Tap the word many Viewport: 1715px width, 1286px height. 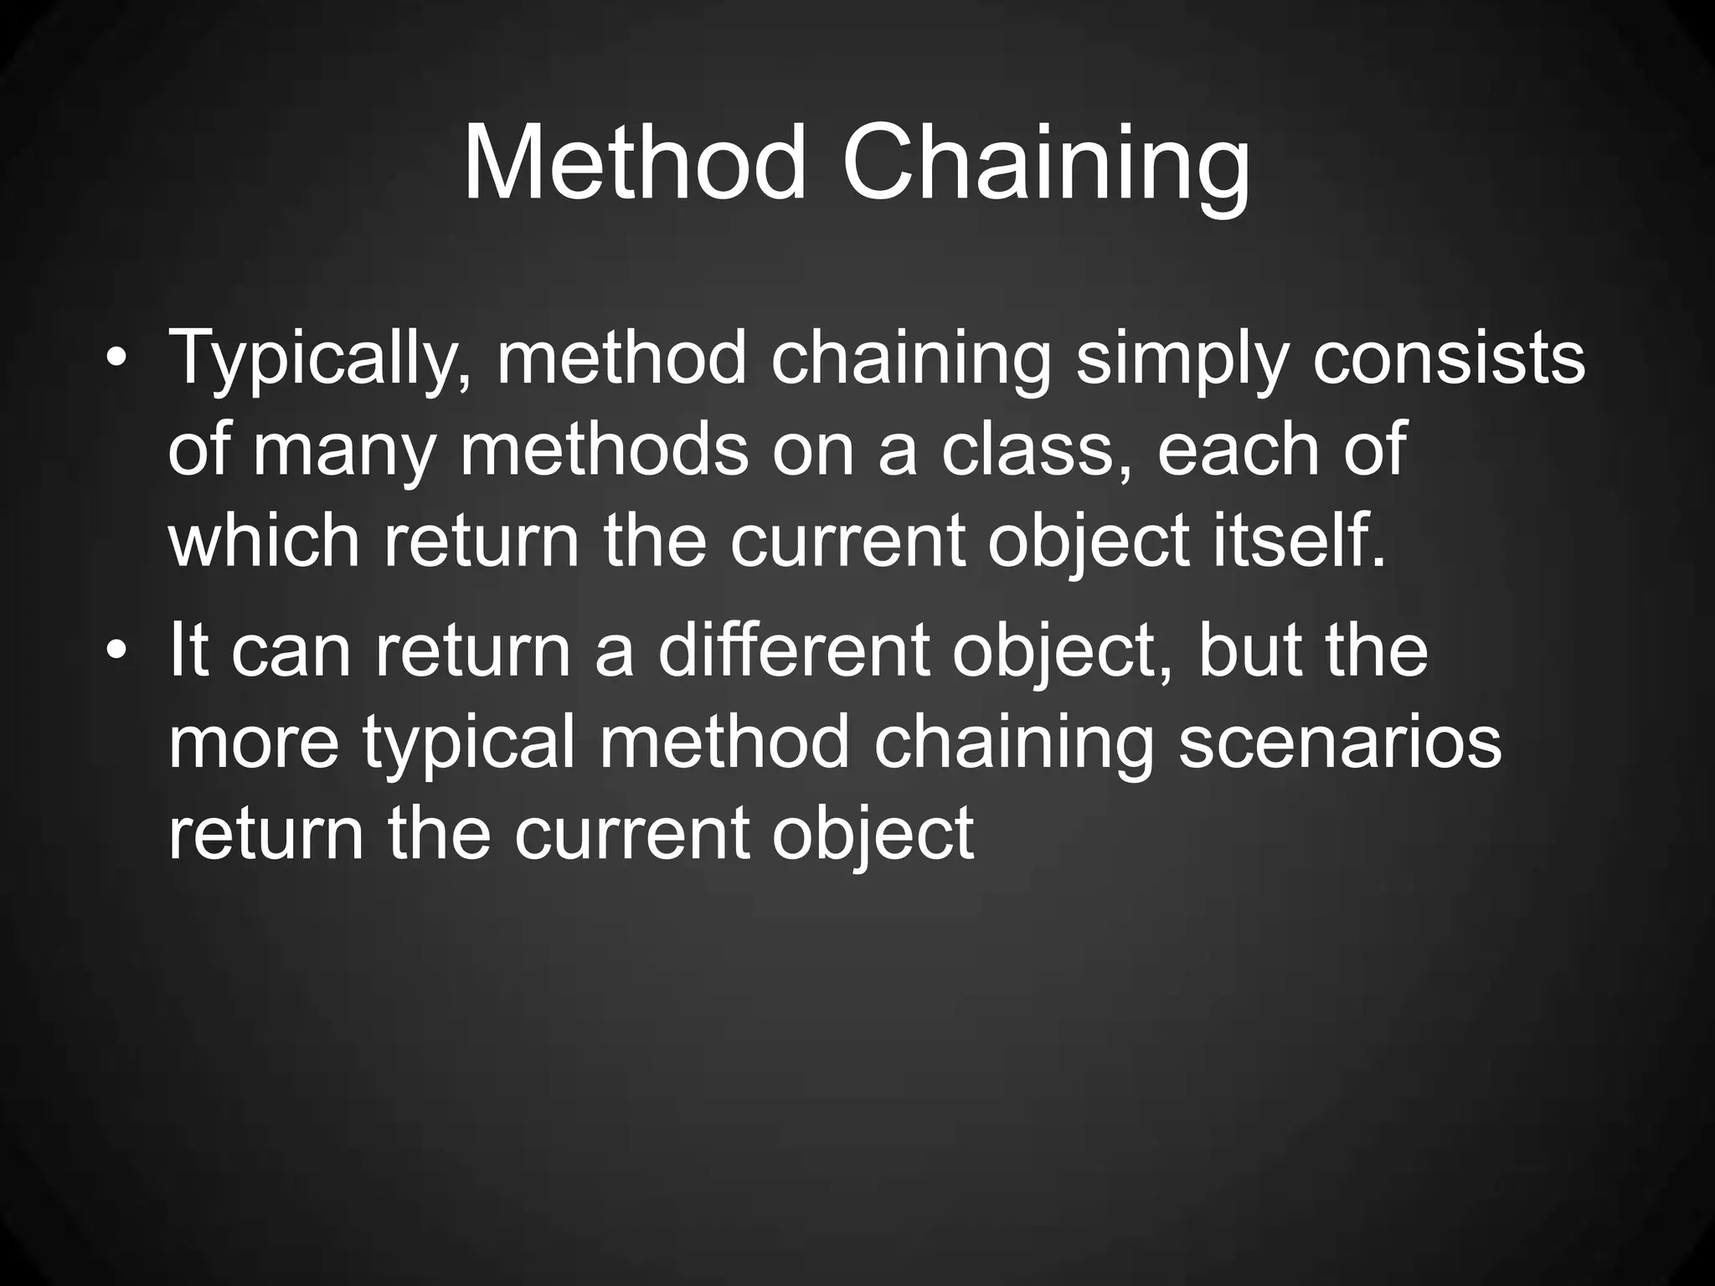coord(344,453)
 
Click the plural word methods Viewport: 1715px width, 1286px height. coord(604,453)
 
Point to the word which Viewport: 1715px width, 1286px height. coord(264,542)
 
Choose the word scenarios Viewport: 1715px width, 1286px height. coord(1340,743)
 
